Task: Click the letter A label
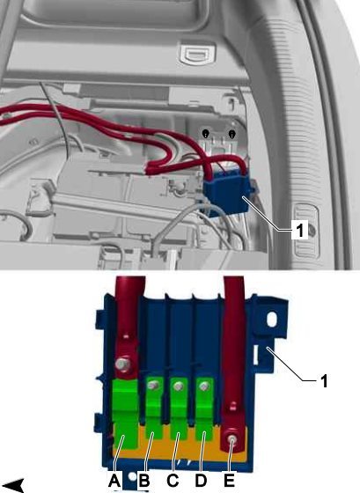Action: [114, 481]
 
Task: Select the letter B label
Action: [143, 481]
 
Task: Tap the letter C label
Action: [173, 481]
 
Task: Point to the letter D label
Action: [201, 481]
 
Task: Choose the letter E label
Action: [229, 481]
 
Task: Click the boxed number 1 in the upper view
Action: [299, 230]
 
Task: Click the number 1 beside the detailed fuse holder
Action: [324, 380]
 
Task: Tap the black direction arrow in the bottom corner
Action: [14, 484]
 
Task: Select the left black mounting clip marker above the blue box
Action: [205, 134]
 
